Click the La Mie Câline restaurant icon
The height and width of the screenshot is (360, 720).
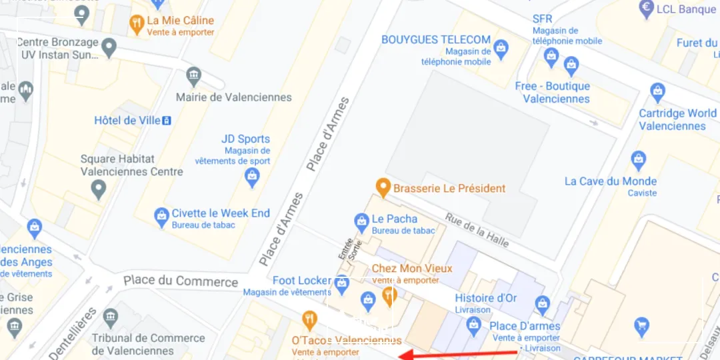(137, 25)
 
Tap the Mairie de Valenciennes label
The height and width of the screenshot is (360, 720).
(233, 97)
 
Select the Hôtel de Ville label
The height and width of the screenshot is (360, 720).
(127, 121)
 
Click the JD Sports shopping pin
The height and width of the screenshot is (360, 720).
(252, 176)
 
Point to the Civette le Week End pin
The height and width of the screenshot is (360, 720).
(161, 216)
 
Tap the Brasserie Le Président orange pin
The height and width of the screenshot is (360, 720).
(383, 187)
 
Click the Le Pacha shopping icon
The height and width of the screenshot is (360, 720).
(361, 221)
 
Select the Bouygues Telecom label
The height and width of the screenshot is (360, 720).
(435, 40)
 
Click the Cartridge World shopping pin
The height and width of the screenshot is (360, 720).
(658, 91)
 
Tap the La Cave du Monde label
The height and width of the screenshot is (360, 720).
(610, 181)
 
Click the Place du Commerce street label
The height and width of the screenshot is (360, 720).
(181, 281)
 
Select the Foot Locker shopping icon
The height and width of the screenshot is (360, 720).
(342, 283)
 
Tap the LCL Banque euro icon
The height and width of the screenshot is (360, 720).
(645, 9)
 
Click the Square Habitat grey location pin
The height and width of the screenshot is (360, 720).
(99, 189)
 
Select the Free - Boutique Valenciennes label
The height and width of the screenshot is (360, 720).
(552, 92)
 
